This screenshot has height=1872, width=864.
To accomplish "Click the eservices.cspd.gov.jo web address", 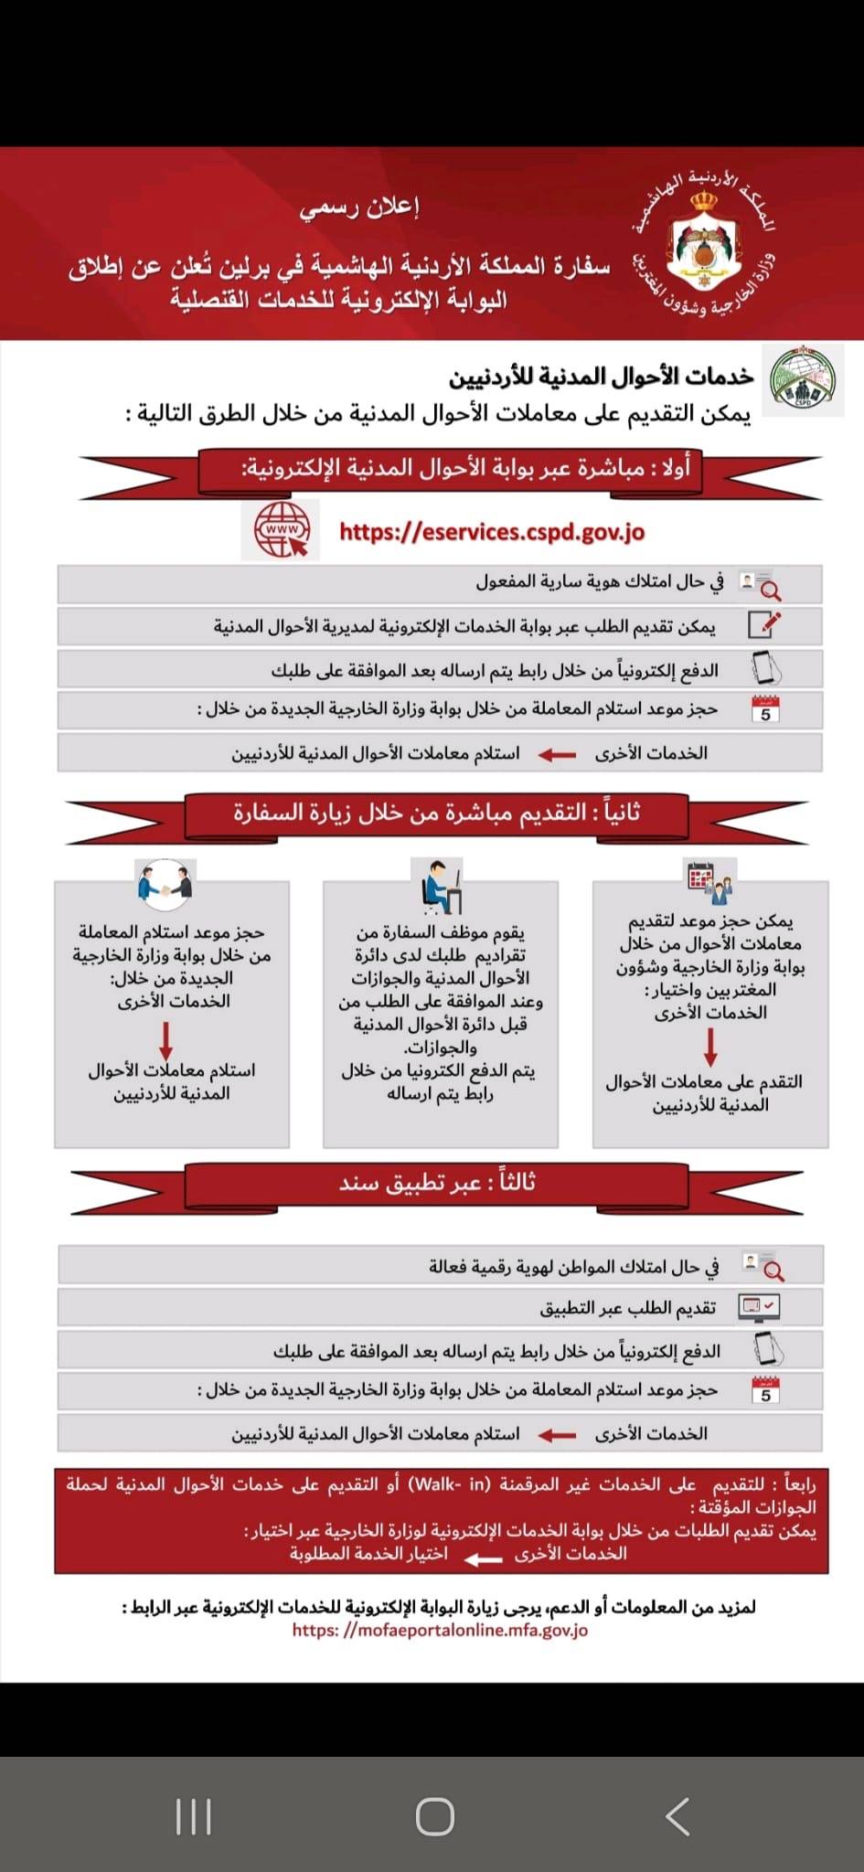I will tap(492, 531).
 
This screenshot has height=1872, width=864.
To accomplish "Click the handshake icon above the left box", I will tap(165, 883).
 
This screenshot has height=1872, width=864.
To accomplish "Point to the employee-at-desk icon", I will tap(441, 884).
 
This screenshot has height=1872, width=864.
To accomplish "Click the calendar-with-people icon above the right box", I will tap(710, 881).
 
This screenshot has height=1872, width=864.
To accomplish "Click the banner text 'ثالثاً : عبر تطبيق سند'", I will tap(437, 1183).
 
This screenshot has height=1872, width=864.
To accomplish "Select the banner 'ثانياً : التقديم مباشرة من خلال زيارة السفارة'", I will tap(437, 813).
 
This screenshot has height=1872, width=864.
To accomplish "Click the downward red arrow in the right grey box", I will tap(710, 1048).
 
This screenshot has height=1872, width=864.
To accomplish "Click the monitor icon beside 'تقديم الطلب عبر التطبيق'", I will tap(759, 1306).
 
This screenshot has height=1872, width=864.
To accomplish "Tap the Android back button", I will tap(677, 1815).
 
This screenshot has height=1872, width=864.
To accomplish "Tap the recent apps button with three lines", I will tap(194, 1815).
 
